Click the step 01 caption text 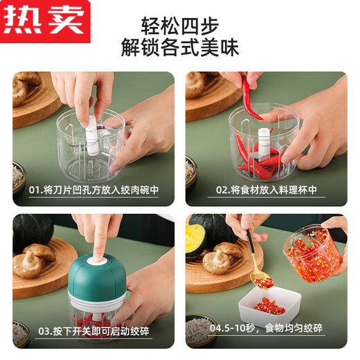[x=94, y=189]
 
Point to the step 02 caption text [x=267, y=189]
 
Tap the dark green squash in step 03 [x=35, y=229]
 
